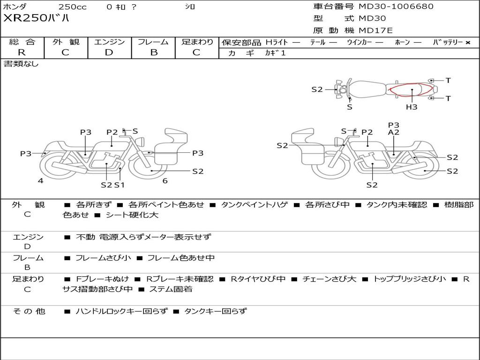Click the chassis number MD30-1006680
(396, 7)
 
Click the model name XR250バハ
(36, 19)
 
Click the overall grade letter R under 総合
(22, 52)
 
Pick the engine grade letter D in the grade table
(109, 52)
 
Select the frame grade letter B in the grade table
(154, 52)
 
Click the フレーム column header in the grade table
(154, 42)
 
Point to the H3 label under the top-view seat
(412, 107)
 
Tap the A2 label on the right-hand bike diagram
(394, 133)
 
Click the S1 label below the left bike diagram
(120, 185)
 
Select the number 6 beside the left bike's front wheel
(165, 181)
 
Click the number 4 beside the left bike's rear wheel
(41, 181)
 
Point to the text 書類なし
(21, 64)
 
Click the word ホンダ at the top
(15, 7)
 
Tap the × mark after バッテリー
(467, 42)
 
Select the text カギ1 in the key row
(275, 53)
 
